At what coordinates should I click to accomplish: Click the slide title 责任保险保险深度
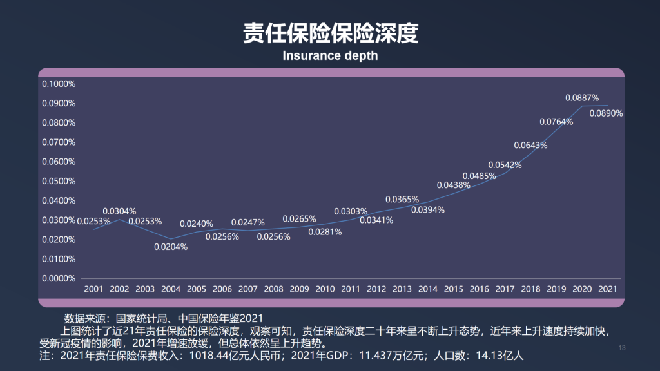[330, 33]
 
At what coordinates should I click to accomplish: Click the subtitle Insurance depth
[330, 56]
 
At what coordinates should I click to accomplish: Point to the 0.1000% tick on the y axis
[59, 84]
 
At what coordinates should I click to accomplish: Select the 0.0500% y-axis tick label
[59, 181]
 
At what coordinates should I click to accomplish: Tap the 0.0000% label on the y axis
[59, 278]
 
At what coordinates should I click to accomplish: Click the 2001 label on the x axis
[93, 289]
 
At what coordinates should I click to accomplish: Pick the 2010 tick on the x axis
[325, 289]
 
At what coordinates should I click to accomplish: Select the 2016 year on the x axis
[479, 289]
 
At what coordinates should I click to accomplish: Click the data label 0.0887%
[582, 98]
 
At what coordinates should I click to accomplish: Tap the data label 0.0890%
[607, 113]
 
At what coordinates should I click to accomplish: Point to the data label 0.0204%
[171, 247]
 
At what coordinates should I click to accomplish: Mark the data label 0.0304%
[119, 211]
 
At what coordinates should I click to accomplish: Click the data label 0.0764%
[556, 122]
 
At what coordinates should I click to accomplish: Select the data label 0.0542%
[505, 165]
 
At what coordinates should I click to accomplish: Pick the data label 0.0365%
[402, 199]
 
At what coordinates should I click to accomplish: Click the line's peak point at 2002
[119, 220]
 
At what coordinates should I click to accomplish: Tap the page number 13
[622, 348]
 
